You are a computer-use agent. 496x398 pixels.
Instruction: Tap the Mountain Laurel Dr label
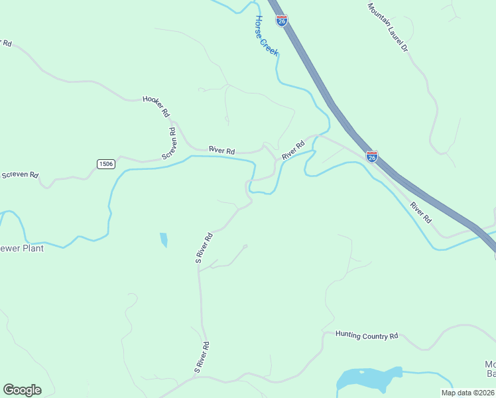[388, 29]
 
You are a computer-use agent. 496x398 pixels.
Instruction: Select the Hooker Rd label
[156, 106]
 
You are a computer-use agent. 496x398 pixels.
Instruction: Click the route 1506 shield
[105, 164]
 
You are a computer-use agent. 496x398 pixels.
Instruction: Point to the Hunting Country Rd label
[366, 336]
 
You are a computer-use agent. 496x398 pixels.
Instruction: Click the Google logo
[22, 390]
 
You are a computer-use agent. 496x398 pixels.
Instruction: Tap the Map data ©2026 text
[467, 393]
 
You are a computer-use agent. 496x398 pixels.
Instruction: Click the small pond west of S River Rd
[163, 239]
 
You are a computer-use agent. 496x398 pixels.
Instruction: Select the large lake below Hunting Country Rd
[369, 379]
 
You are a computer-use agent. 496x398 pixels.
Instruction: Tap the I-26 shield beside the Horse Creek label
[282, 21]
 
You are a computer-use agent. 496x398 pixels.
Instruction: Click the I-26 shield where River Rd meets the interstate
[372, 157]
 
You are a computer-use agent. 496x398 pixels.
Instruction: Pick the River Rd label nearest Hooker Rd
[221, 151]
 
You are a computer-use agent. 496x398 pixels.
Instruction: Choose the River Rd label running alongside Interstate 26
[420, 212]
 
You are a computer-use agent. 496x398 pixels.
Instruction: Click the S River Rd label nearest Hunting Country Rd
[202, 357]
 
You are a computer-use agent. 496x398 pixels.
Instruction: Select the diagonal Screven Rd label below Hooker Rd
[170, 143]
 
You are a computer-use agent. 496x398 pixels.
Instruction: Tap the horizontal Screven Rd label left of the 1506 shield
[19, 175]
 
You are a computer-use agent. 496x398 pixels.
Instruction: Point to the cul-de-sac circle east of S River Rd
[245, 247]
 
